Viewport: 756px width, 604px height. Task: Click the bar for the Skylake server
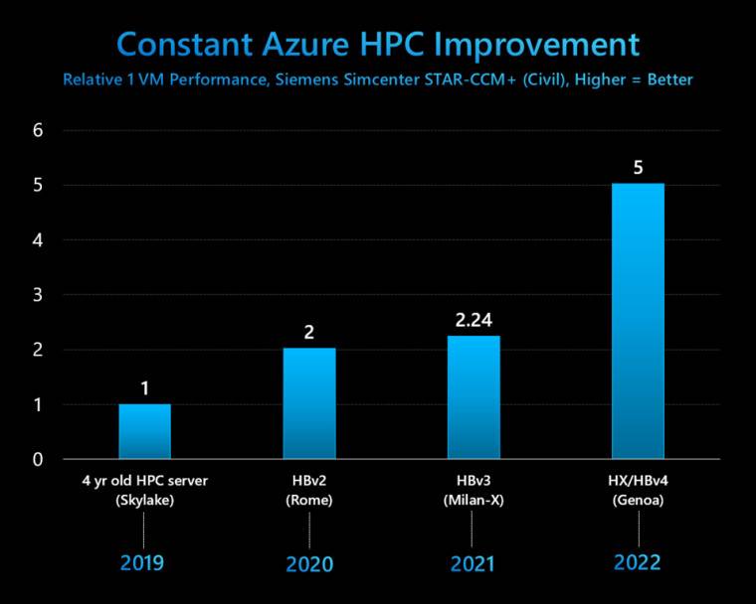pos(145,431)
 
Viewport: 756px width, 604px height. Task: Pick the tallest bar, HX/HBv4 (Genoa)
pos(638,321)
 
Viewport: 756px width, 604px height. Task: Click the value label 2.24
pos(473,321)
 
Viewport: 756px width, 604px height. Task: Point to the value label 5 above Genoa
pos(638,167)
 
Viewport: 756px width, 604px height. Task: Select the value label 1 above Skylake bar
pos(145,387)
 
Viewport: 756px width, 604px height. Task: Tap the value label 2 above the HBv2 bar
pos(309,333)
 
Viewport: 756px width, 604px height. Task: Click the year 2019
pos(142,563)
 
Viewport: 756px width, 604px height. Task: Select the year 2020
pos(309,564)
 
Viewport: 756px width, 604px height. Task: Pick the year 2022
pos(638,562)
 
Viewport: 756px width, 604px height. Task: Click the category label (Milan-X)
pos(473,500)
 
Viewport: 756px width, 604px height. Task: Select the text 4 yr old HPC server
pos(145,482)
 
